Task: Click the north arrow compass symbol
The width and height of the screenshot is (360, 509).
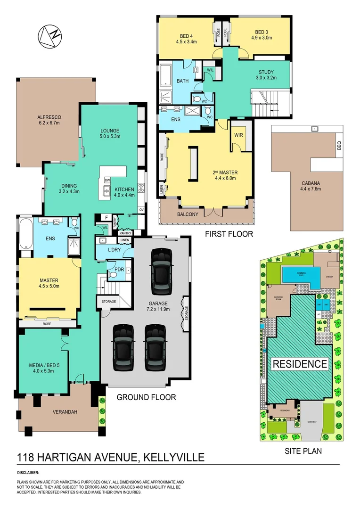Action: (x=50, y=36)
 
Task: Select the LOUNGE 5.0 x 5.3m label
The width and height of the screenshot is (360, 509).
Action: (x=110, y=133)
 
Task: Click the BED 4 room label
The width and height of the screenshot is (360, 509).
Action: (x=187, y=38)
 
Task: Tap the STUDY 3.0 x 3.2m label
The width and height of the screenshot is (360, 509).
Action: (x=266, y=75)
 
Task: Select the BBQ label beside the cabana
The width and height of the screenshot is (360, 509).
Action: (x=338, y=147)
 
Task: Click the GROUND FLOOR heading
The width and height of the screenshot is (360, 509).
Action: (x=146, y=397)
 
